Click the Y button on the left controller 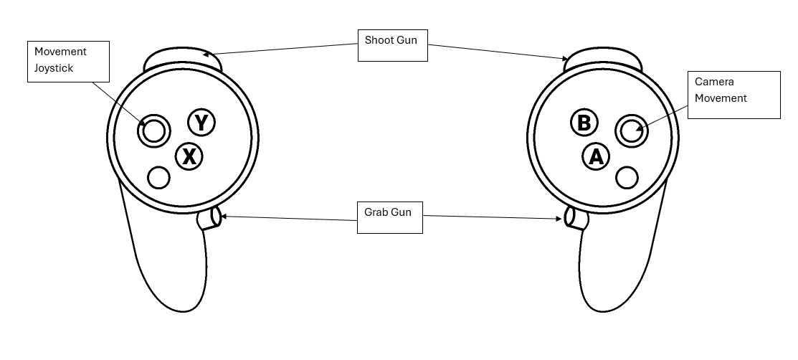point(201,123)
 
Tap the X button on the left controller point(189,156)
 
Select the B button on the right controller point(584,123)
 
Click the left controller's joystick point(153,131)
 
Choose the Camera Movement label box point(733,94)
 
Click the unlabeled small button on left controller point(158,177)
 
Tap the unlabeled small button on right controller point(627,177)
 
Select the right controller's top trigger point(601,60)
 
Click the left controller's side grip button point(209,218)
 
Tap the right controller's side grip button point(575,217)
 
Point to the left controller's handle point(172,265)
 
